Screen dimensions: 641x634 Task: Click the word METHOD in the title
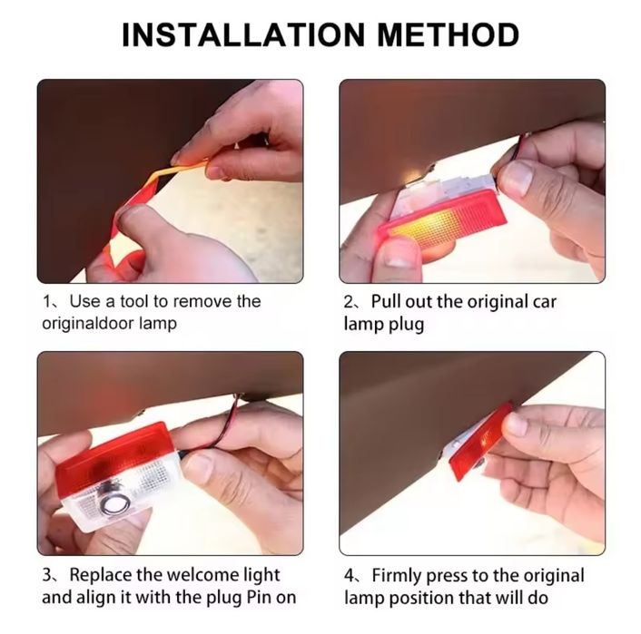[x=448, y=34]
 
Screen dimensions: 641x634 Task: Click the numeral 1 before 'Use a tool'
[x=46, y=302]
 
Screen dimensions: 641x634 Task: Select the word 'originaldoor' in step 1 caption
[x=86, y=324]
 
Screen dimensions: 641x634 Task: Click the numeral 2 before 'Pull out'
[x=349, y=302]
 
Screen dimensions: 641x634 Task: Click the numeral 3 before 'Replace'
[x=47, y=575]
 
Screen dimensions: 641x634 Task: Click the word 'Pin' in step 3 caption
[x=259, y=597]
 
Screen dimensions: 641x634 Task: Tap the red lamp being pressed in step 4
[x=481, y=441]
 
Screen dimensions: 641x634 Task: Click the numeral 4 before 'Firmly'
[x=350, y=576]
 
